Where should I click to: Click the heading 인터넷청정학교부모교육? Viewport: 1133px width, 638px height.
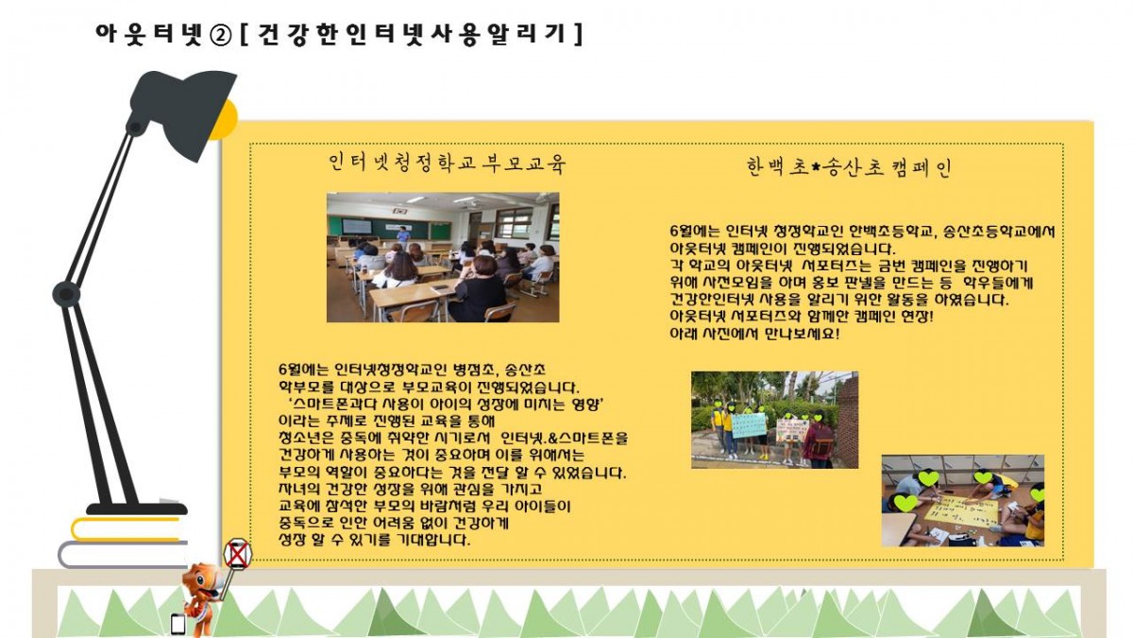coord(448,163)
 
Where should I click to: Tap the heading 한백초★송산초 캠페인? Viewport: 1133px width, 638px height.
coord(849,167)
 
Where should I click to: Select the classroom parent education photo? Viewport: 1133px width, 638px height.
coord(443,257)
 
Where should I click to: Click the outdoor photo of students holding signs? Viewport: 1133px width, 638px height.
coord(774,420)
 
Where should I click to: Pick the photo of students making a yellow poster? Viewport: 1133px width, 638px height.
coord(962,500)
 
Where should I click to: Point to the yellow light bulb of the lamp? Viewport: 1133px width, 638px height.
coord(225,121)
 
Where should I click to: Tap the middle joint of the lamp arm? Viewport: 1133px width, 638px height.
coord(66,293)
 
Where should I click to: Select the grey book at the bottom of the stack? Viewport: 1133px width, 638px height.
coord(123,555)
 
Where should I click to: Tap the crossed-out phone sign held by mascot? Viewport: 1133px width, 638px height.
coord(237,554)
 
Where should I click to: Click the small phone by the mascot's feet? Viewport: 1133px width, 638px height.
coord(178,625)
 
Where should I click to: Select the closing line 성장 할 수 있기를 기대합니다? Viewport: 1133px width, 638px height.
coord(374,540)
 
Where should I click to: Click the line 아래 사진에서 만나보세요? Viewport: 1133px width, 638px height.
coord(754,335)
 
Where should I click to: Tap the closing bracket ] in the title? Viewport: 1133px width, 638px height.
coord(578,34)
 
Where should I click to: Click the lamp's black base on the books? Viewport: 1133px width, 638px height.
coord(137,509)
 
